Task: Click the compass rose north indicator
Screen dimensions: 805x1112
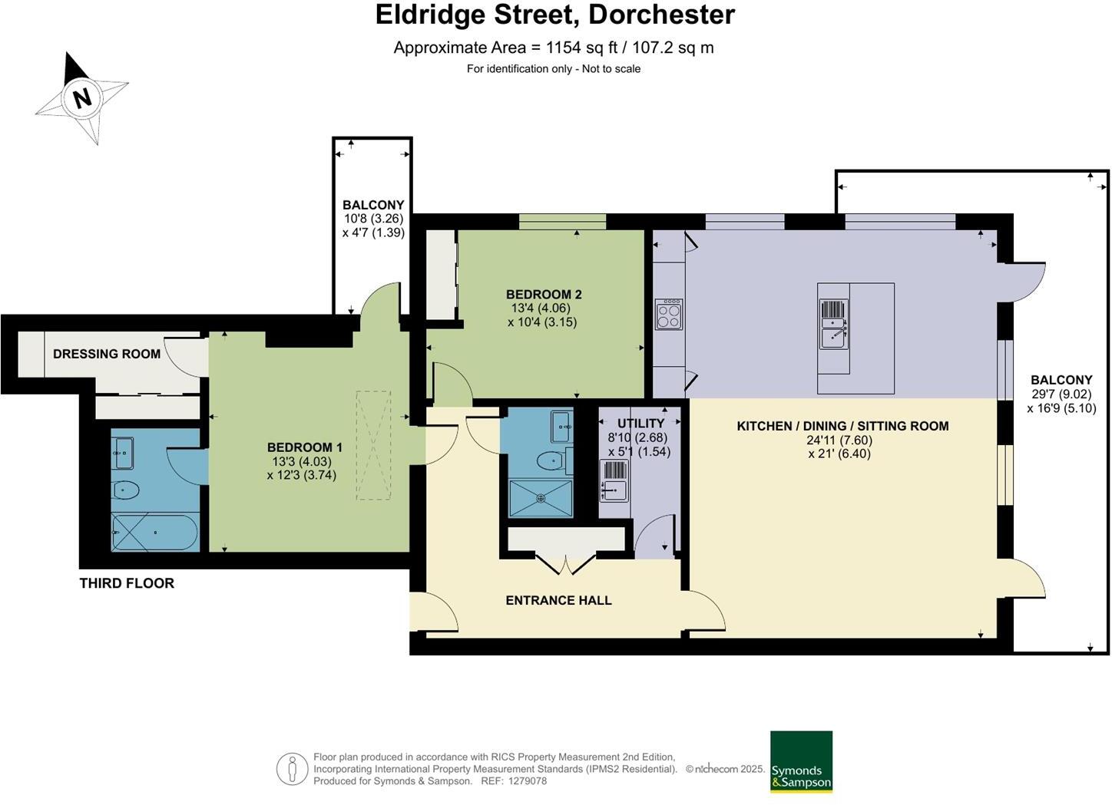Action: pyautogui.click(x=81, y=97)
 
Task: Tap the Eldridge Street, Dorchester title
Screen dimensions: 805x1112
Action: pyautogui.click(x=554, y=15)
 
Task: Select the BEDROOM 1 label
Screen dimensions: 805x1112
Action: pyautogui.click(x=304, y=447)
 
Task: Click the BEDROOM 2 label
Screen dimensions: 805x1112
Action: pyautogui.click(x=543, y=295)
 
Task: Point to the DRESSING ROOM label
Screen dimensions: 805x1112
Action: pyautogui.click(x=107, y=354)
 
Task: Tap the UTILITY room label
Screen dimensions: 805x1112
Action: pyautogui.click(x=640, y=424)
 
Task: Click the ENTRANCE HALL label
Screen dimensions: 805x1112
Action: pyautogui.click(x=558, y=600)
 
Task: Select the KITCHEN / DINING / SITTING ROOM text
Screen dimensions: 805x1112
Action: pyautogui.click(x=842, y=426)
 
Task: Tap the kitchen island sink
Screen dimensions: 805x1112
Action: pyautogui.click(x=834, y=335)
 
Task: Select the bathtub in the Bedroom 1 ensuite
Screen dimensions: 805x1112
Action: pyautogui.click(x=154, y=532)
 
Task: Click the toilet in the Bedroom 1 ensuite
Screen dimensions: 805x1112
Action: pyautogui.click(x=124, y=490)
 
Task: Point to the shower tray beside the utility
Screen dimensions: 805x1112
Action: pyautogui.click(x=541, y=498)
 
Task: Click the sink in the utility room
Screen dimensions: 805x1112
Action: pyautogui.click(x=614, y=487)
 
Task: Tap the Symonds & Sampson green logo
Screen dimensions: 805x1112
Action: pyautogui.click(x=801, y=761)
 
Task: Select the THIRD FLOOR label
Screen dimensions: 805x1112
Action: pyautogui.click(x=127, y=583)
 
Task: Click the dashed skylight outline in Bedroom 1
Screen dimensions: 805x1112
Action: pyautogui.click(x=372, y=446)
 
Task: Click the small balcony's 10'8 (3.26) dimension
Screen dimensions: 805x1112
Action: pyautogui.click(x=373, y=219)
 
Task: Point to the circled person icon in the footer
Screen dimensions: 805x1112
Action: pyautogui.click(x=292, y=769)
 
